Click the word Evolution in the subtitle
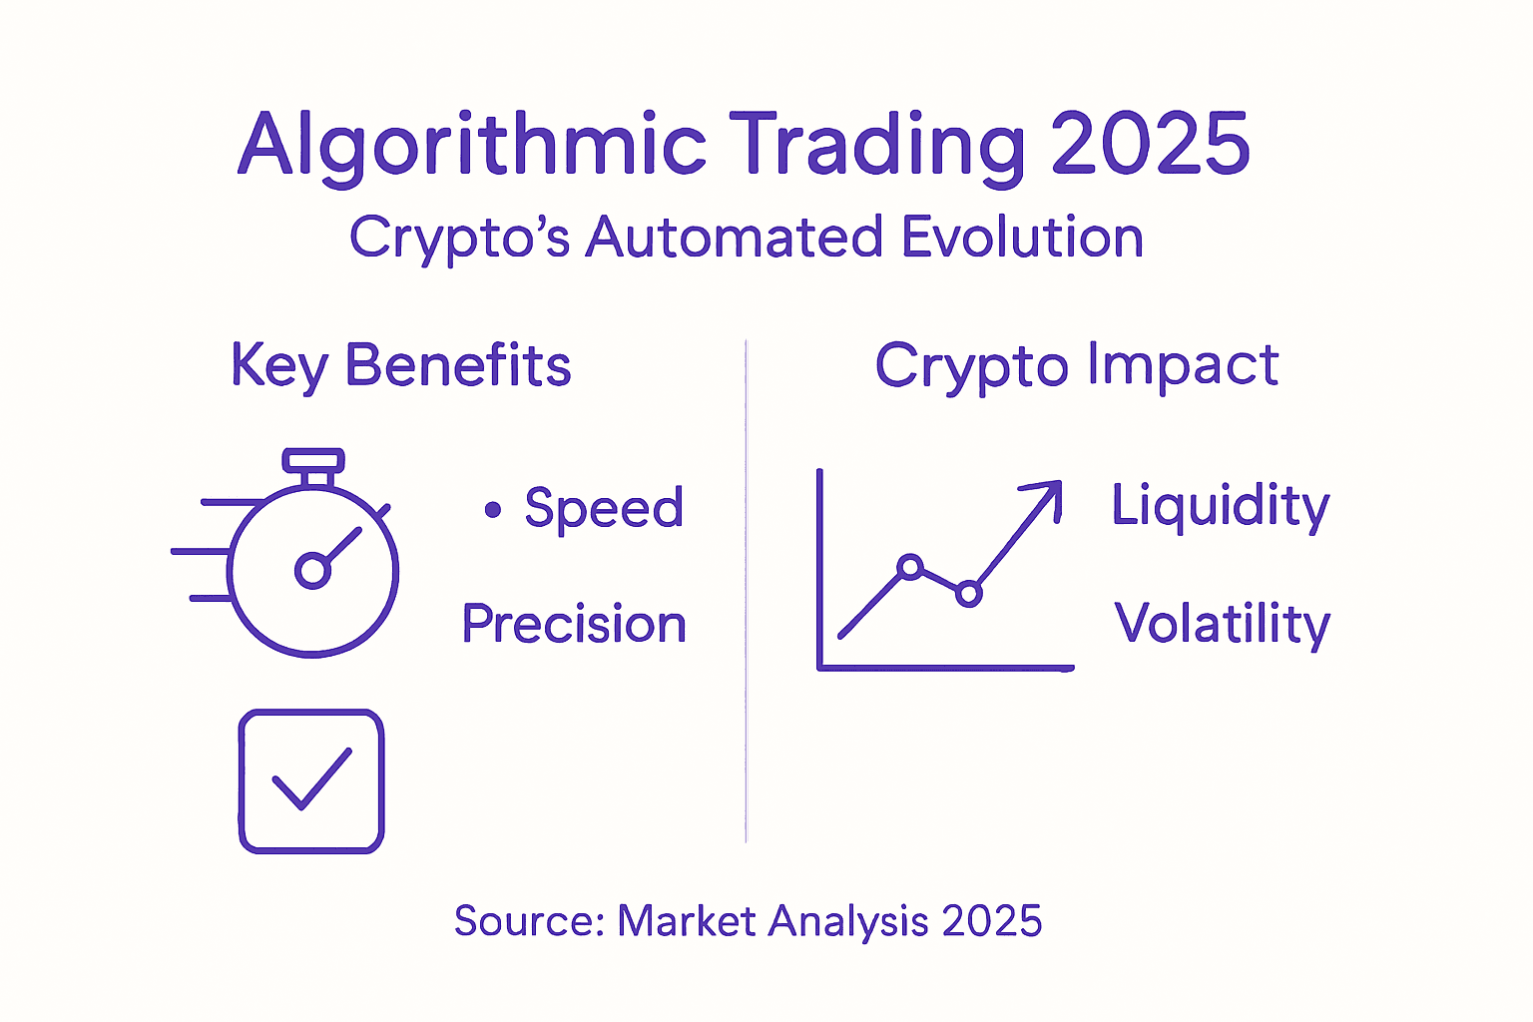(x=1023, y=237)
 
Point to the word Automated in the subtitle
(x=734, y=237)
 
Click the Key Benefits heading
(x=401, y=366)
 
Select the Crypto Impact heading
(x=1077, y=366)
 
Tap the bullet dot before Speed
(x=493, y=509)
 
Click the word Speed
(x=604, y=509)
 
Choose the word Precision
(x=574, y=623)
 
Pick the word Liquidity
(x=1221, y=507)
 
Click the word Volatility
(x=1223, y=625)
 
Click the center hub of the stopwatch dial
(x=312, y=570)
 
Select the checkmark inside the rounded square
(x=312, y=779)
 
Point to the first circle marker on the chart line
(x=910, y=567)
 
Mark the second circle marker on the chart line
(x=968, y=593)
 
